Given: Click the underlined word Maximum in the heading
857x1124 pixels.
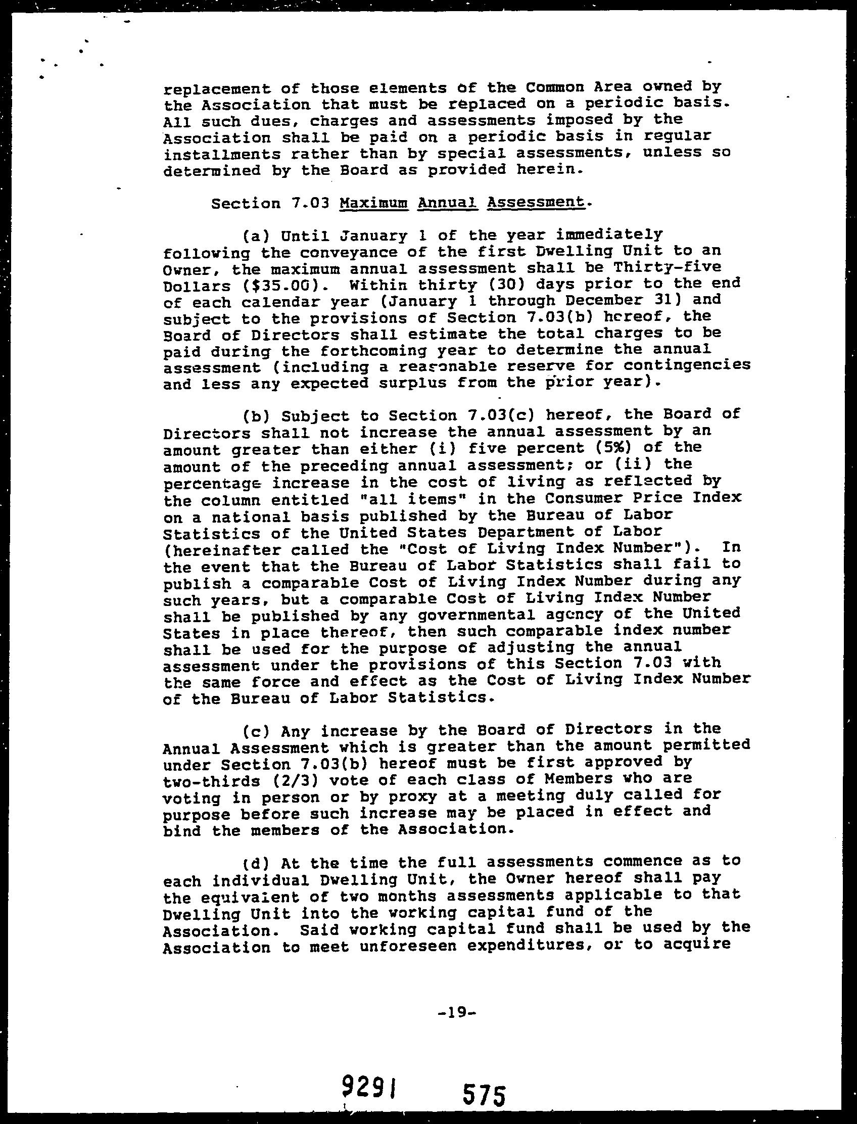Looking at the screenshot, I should point(373,203).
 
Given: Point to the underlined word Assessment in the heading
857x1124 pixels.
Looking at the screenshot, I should point(536,202).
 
